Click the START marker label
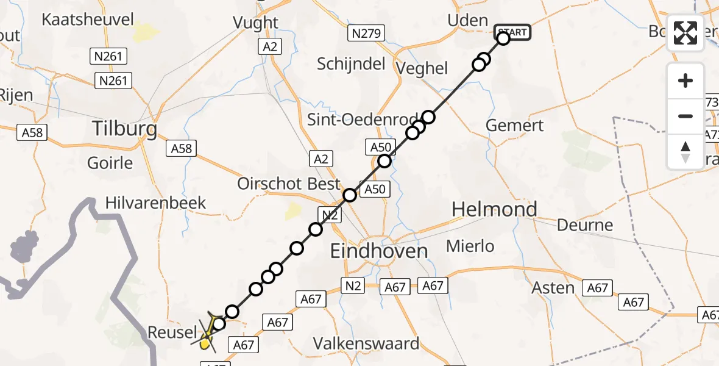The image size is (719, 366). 512,32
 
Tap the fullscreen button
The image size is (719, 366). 685,33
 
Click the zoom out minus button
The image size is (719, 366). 685,116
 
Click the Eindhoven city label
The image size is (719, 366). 378,250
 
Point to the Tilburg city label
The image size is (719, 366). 124,129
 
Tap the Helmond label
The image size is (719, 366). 494,210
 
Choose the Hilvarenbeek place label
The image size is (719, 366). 156,203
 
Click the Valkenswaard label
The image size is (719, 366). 366,343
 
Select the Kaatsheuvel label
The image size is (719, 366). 88,20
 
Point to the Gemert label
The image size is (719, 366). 515,126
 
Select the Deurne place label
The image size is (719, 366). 585,225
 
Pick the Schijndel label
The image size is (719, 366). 352,63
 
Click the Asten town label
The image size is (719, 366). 553,287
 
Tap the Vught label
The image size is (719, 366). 256,23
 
